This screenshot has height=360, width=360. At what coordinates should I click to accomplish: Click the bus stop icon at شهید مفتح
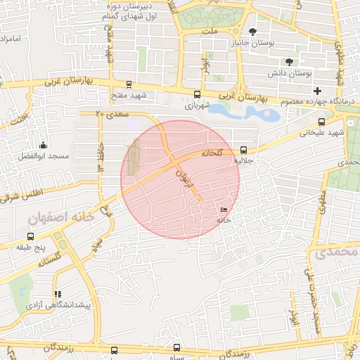point(129,84)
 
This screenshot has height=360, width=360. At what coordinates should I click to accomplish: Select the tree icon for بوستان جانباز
point(253,32)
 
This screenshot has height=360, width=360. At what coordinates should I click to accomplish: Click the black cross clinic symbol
point(318,91)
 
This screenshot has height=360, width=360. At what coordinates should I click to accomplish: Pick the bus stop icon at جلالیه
point(243,150)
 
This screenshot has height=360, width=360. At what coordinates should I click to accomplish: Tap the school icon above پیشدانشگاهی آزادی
point(58,295)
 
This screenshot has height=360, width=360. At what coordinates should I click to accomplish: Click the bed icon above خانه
point(224,210)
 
